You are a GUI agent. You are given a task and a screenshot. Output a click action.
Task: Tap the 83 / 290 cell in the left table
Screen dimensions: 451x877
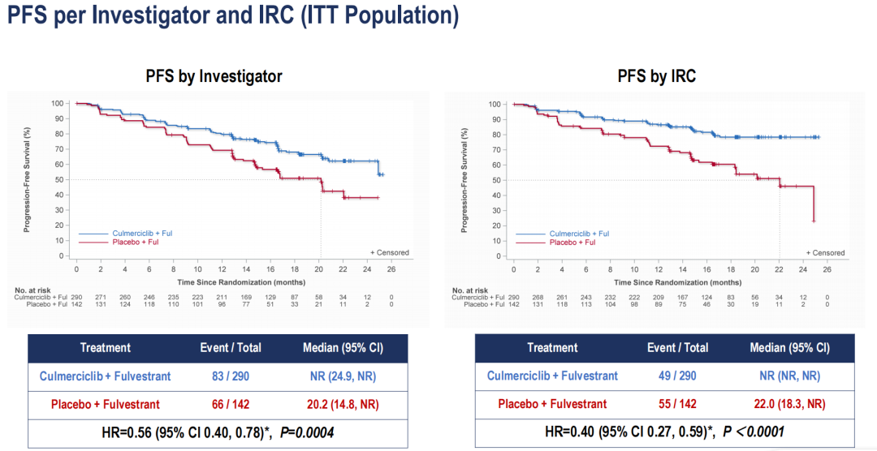pos(231,376)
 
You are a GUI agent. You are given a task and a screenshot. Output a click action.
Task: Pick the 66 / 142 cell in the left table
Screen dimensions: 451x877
pos(231,404)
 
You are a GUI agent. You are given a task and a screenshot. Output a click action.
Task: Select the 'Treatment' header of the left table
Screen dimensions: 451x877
pos(106,348)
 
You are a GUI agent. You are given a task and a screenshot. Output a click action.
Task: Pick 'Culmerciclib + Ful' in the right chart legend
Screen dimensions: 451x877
pos(579,234)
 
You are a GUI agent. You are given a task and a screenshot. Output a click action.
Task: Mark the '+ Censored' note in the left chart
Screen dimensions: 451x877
pos(390,252)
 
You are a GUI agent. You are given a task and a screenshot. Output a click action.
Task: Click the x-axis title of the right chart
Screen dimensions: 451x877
pos(677,281)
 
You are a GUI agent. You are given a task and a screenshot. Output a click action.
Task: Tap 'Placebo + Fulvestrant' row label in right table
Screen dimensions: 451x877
pos(552,404)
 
